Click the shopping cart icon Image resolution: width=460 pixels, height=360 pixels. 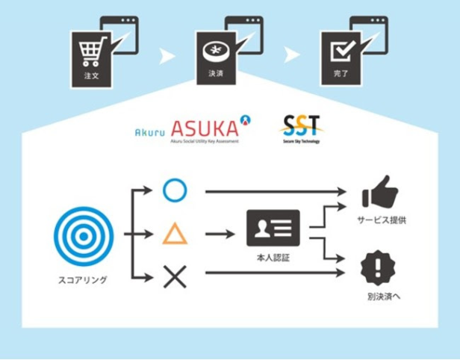click(x=90, y=52)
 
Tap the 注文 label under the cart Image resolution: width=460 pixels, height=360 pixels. click(x=90, y=75)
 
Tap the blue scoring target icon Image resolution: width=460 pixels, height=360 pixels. click(x=84, y=234)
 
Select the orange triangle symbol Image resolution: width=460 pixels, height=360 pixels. click(x=175, y=235)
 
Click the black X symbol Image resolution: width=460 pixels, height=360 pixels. click(x=175, y=278)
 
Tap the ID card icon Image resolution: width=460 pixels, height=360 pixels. click(x=273, y=228)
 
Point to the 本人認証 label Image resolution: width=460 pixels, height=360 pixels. click(x=273, y=258)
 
